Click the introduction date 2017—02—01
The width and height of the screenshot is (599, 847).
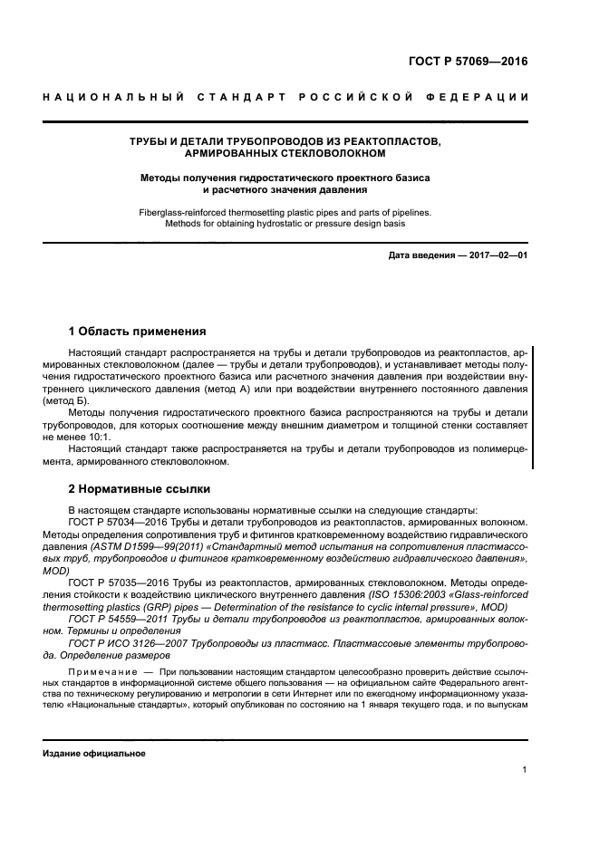[x=497, y=256]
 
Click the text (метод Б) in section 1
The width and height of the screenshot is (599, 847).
[x=67, y=399]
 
